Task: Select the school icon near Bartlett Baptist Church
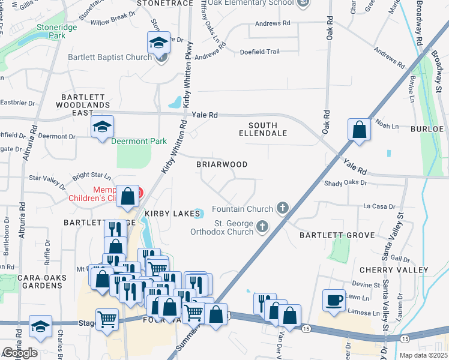159,43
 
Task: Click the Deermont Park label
138,142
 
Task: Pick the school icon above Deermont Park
102,127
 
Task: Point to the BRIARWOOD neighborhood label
221,164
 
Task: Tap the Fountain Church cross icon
283,209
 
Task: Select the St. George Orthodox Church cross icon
262,226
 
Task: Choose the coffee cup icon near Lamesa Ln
334,299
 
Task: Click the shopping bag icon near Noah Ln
358,130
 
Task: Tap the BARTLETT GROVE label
328,235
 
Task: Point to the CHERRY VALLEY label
394,270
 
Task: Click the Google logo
20,353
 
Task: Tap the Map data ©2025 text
423,356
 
